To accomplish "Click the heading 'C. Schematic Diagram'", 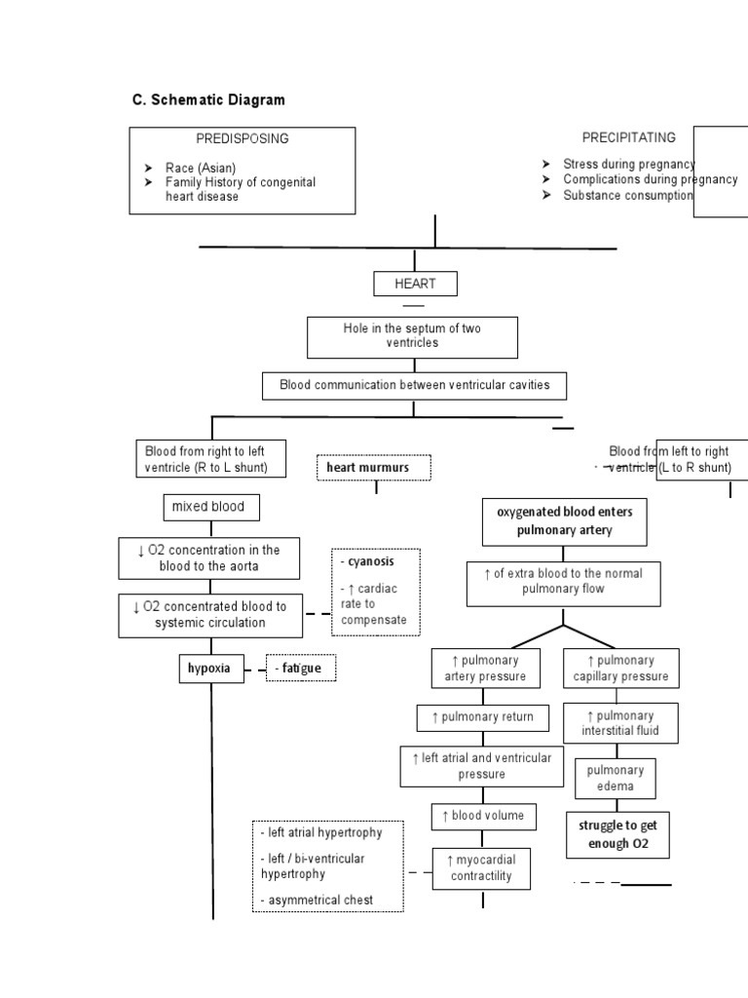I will [x=208, y=100].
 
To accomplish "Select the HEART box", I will [x=415, y=284].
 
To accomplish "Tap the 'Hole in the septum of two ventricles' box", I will [x=412, y=336].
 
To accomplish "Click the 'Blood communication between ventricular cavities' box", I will [x=414, y=385].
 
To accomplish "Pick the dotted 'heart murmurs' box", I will [x=373, y=468].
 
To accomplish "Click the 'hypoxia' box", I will [x=210, y=669].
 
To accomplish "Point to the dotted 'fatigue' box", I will [x=300, y=669].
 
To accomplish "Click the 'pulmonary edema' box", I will [x=615, y=779].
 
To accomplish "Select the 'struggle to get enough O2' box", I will [x=617, y=834].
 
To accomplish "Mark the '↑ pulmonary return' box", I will [x=482, y=717].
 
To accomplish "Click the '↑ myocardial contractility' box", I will [x=482, y=867].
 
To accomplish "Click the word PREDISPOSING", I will [x=243, y=138].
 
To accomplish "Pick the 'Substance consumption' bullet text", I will [x=627, y=195].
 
